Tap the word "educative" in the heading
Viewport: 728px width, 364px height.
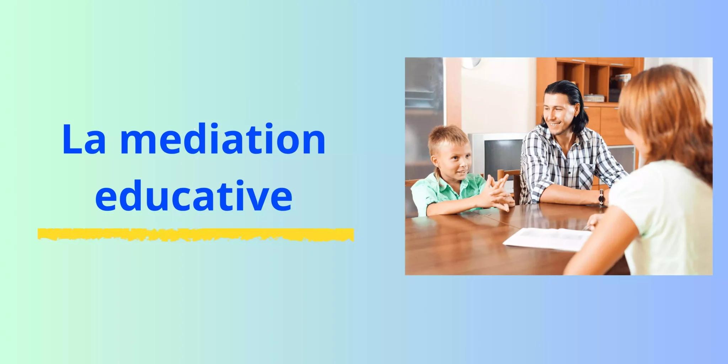[194, 195]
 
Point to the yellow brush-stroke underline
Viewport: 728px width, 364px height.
[196, 235]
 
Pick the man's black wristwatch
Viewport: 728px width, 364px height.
[601, 198]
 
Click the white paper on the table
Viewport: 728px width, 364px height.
[548, 239]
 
